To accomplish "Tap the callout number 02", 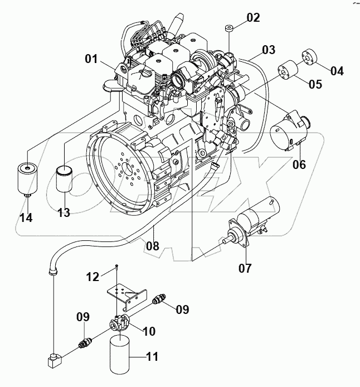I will point(253,17).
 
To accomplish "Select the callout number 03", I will point(269,50).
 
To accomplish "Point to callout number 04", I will point(337,71).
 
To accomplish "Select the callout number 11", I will point(151,356).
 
